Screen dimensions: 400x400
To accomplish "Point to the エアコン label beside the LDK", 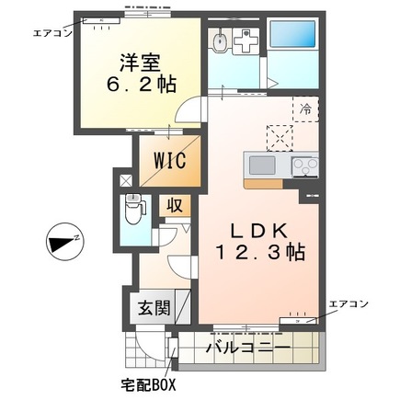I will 349,303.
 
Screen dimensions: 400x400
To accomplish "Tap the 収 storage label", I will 173,205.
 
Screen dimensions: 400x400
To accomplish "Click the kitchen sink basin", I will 262,166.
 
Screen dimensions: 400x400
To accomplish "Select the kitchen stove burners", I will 304,166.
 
